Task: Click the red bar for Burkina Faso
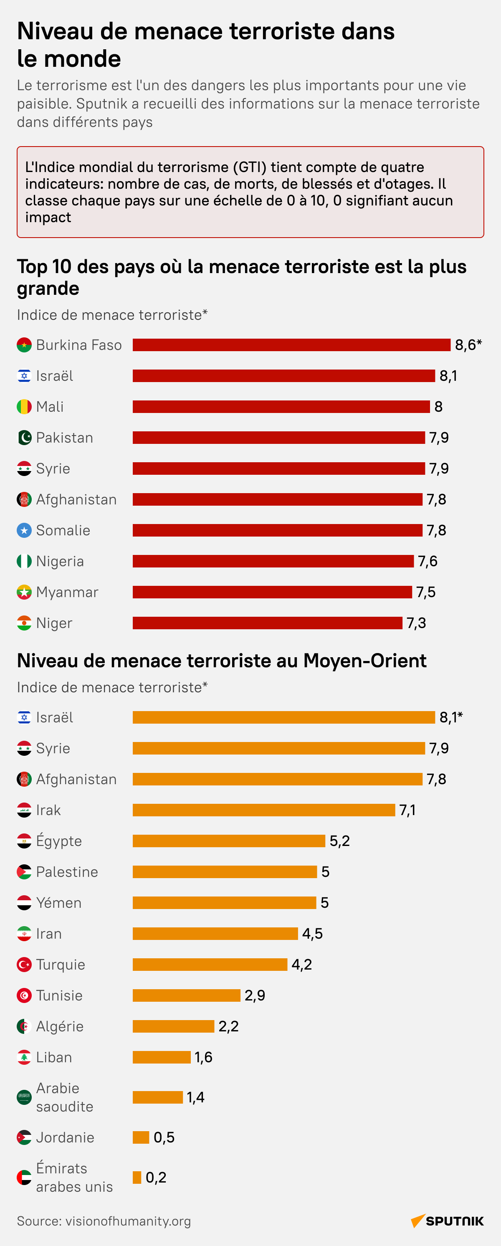(x=291, y=345)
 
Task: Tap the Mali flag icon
(x=24, y=407)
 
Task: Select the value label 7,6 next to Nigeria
(x=428, y=561)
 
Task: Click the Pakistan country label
(x=64, y=438)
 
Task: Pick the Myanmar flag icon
(x=24, y=592)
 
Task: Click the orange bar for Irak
(x=263, y=810)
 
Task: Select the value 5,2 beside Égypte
(x=339, y=841)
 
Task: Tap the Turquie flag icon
(x=24, y=965)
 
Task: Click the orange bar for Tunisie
(x=186, y=995)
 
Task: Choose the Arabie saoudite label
(x=64, y=1097)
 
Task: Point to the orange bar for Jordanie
(x=141, y=1137)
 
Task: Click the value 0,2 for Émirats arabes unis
(x=156, y=1178)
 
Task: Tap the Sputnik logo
(x=447, y=1221)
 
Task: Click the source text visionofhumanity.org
(x=128, y=1221)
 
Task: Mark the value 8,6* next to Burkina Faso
(x=468, y=345)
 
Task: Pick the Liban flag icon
(x=24, y=1057)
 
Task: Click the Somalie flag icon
(x=24, y=531)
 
